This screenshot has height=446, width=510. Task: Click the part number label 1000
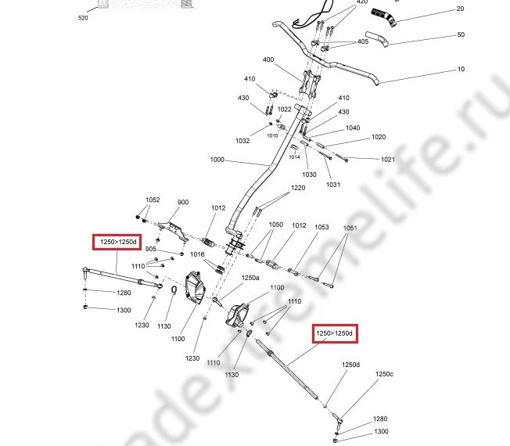click(217, 160)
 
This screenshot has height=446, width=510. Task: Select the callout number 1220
click(298, 189)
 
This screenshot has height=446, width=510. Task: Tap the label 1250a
click(250, 278)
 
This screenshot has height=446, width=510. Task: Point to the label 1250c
click(384, 374)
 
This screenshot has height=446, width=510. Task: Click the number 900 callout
click(183, 203)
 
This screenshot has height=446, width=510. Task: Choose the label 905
click(151, 249)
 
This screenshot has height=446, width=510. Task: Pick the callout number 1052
click(153, 200)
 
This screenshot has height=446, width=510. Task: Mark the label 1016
click(197, 254)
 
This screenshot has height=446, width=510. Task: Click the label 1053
click(321, 228)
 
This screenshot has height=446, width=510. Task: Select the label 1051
click(350, 228)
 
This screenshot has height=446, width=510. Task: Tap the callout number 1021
click(388, 160)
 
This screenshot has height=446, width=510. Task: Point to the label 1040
click(353, 128)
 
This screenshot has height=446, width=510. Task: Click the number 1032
click(242, 141)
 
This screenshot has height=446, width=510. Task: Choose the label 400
click(268, 60)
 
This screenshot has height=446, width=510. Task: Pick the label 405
click(363, 41)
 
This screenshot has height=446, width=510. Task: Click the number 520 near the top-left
click(84, 16)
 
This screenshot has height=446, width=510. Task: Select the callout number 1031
click(333, 185)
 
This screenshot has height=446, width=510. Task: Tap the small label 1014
click(294, 157)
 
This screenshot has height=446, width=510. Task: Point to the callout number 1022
click(285, 110)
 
